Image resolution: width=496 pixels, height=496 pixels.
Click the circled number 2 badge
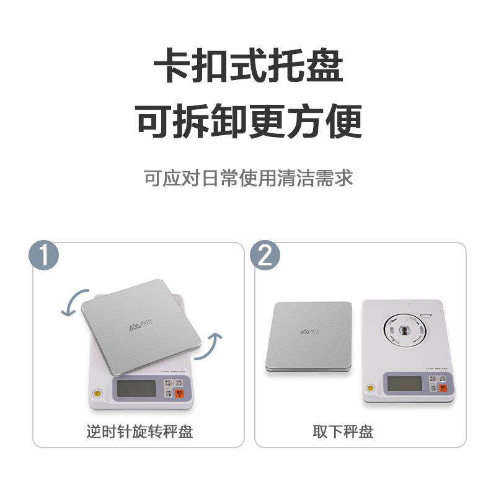[x=265, y=256]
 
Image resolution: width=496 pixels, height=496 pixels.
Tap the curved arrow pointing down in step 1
[x=72, y=302]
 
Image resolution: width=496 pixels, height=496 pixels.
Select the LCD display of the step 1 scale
[x=136, y=389]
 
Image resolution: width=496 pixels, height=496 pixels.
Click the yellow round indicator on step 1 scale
[x=95, y=392]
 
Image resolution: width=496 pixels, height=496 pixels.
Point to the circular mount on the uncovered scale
[x=404, y=329]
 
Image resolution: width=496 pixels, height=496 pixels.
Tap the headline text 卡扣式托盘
[x=248, y=66]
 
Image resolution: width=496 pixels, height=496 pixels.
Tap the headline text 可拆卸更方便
[x=248, y=121]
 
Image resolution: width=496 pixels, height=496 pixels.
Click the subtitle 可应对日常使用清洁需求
[x=248, y=179]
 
